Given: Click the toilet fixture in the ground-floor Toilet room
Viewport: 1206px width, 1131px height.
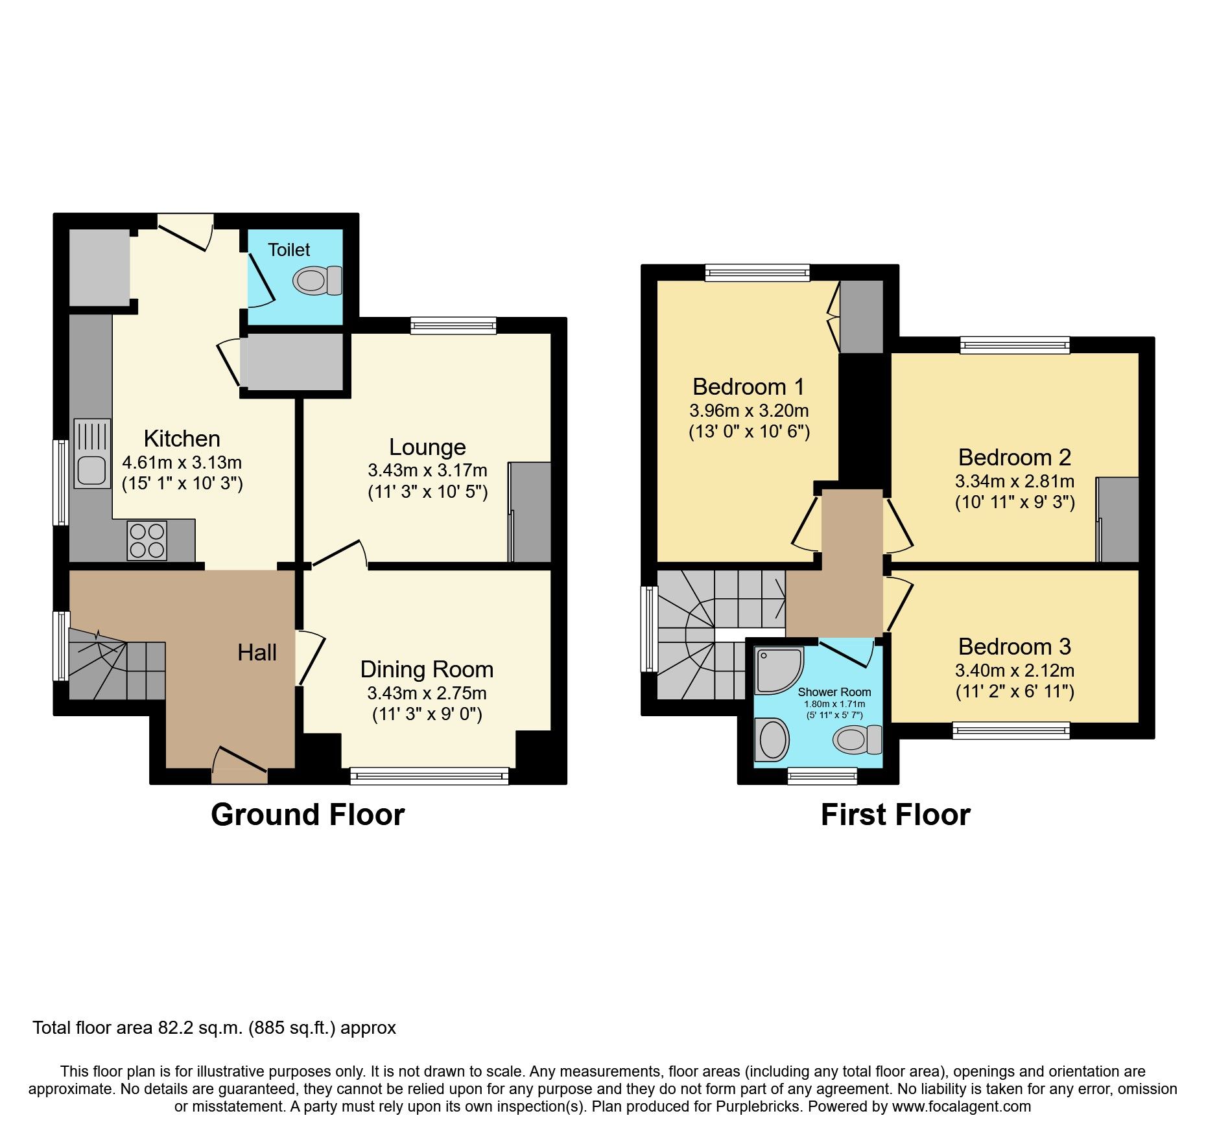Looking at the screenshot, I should pyautogui.click(x=317, y=281).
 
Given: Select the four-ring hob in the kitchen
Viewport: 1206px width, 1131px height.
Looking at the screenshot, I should pyautogui.click(x=147, y=541).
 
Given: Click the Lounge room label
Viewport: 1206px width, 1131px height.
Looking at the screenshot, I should pyautogui.click(x=427, y=447).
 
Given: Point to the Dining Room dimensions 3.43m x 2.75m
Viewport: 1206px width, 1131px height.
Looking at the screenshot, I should pyautogui.click(x=427, y=694).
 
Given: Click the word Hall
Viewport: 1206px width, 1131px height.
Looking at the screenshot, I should pyautogui.click(x=257, y=653).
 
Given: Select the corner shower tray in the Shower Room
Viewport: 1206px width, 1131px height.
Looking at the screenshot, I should pyautogui.click(x=777, y=669).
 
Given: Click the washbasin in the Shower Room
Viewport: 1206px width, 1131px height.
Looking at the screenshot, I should pyautogui.click(x=772, y=740).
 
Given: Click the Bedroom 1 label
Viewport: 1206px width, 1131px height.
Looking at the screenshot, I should pyautogui.click(x=748, y=387).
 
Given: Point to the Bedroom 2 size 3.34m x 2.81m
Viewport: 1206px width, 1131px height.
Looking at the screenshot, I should pyautogui.click(x=1014, y=482).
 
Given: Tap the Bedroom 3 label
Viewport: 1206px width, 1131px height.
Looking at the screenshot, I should pyautogui.click(x=1014, y=647).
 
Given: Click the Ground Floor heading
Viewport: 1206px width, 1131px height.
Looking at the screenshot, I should pyautogui.click(x=307, y=815).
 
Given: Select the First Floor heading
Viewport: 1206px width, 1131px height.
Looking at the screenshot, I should pyautogui.click(x=895, y=815).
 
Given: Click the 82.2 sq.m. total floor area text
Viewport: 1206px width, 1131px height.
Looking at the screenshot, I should pyautogui.click(x=214, y=1028).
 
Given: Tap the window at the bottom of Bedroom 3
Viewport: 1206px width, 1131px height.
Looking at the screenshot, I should pyautogui.click(x=1011, y=731).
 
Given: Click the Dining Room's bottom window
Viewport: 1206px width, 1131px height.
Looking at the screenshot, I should pyautogui.click(x=429, y=776).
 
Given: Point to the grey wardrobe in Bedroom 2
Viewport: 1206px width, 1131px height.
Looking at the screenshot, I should pyautogui.click(x=1118, y=520).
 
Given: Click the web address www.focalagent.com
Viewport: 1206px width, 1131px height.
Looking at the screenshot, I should pyautogui.click(x=961, y=1106).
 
